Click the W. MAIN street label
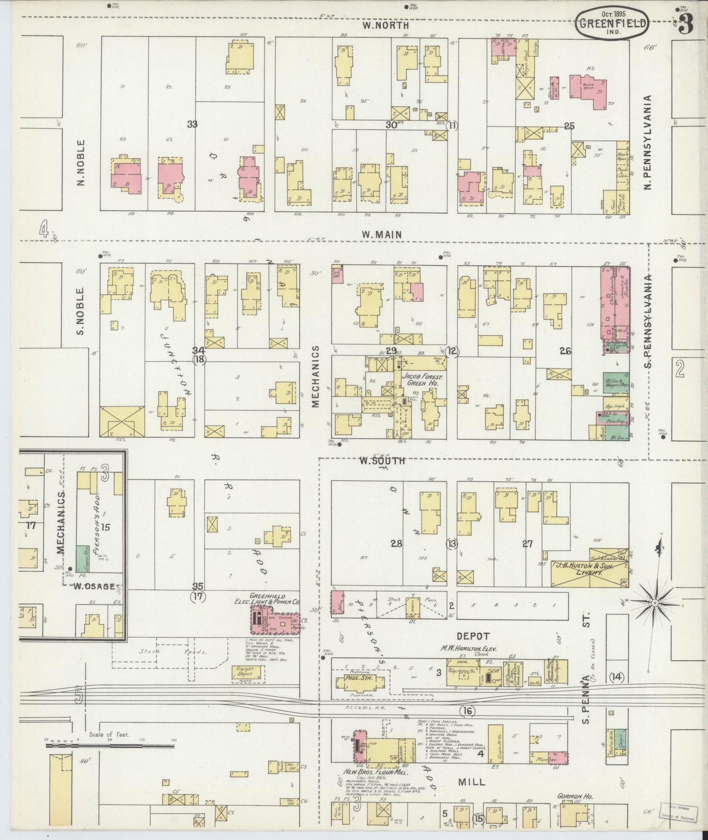coord(382,235)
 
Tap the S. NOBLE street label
coord(81,311)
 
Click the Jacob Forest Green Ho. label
coord(418,380)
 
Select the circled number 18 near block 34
coord(199,359)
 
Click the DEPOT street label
coord(473,636)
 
